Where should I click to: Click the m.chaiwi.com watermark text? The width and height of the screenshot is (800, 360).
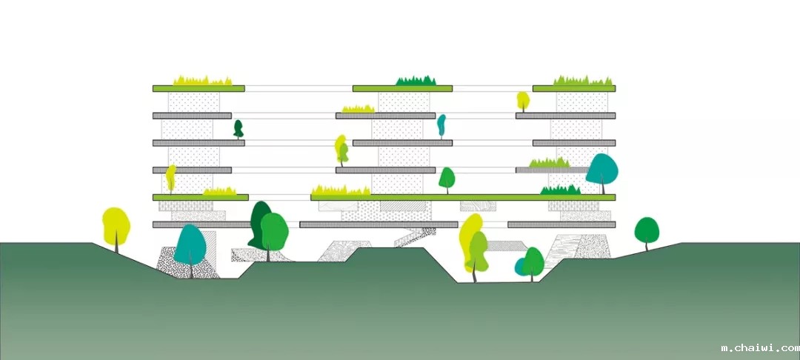[x=759, y=347]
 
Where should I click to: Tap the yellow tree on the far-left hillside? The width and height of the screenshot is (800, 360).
[x=116, y=226]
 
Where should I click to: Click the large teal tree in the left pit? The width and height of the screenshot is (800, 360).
[x=190, y=245]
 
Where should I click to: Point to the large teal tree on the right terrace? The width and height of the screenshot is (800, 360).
[x=601, y=170]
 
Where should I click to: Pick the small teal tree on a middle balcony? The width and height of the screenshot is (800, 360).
[x=441, y=125]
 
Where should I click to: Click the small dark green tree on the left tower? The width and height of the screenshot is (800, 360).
[x=238, y=129]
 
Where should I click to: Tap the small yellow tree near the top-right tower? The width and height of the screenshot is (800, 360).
[x=523, y=100]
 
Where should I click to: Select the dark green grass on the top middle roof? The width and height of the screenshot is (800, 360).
[x=415, y=80]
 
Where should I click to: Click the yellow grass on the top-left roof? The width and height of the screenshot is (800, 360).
[x=202, y=80]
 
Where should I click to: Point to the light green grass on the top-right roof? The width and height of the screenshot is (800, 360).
[x=583, y=80]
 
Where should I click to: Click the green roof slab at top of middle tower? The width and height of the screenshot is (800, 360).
[x=402, y=89]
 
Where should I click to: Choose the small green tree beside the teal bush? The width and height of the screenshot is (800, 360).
[x=533, y=261]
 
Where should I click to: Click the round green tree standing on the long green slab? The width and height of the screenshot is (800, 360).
[x=447, y=178]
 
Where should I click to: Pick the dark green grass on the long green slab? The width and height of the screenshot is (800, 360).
[x=560, y=190]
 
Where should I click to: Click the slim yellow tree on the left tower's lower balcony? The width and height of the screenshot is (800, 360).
[x=170, y=178]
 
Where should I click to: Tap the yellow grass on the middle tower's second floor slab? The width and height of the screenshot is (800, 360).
[x=358, y=109]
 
